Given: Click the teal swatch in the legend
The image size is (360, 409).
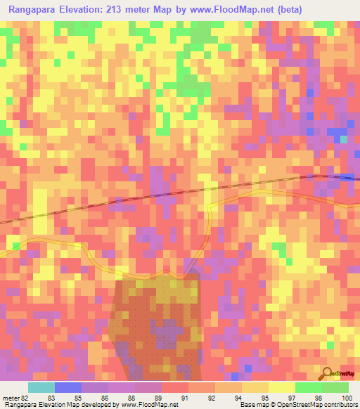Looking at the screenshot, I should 41,387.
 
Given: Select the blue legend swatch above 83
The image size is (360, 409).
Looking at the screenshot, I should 68,387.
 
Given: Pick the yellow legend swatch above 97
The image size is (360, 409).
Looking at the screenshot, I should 281,387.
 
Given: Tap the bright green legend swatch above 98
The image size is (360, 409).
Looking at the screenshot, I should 308,387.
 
